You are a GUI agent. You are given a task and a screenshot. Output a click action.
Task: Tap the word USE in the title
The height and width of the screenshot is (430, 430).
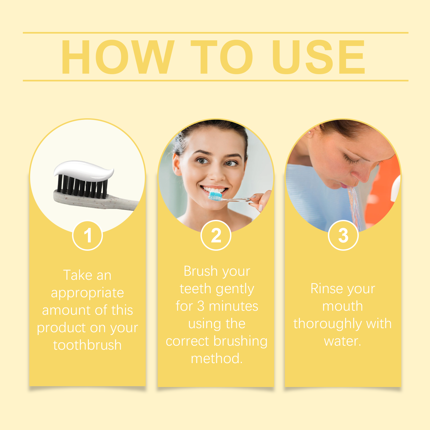pos(319,57)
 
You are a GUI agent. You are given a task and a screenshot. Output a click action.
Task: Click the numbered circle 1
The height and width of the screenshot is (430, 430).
pos(88,235)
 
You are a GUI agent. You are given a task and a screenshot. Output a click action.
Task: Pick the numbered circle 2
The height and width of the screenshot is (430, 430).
pos(216,235)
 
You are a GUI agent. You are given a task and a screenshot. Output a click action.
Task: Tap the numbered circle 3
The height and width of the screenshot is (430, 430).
pos(343,235)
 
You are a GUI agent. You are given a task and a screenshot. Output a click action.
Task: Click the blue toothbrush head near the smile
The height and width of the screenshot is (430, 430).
pos(216,196)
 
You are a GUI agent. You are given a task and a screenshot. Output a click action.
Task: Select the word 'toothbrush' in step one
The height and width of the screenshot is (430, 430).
pos(87,345)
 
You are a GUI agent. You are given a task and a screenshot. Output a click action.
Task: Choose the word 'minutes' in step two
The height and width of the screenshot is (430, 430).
pos(234,306)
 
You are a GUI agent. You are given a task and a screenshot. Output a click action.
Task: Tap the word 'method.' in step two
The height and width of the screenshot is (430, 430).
pos(217,359)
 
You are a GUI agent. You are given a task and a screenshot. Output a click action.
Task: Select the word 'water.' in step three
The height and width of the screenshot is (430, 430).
pos(343,341)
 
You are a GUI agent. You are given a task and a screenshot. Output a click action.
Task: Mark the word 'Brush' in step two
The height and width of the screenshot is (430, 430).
pos(200,271)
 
